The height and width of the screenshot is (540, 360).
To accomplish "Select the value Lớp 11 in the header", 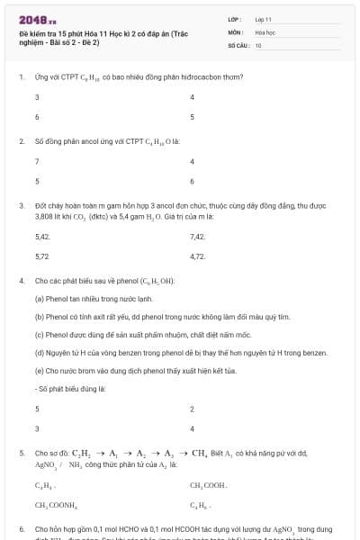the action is click(x=263, y=18).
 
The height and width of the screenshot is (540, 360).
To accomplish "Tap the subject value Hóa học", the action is click(x=264, y=31).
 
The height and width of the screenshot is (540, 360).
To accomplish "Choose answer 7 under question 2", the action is click(x=36, y=162).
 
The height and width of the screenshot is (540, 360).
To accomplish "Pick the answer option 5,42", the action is click(x=41, y=237).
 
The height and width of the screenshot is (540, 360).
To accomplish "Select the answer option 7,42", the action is click(x=198, y=237).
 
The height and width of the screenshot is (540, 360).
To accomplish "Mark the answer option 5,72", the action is click(x=41, y=256).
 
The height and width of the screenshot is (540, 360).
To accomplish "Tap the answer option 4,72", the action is click(x=198, y=256).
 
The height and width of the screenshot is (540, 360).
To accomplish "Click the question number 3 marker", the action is click(x=22, y=205).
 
